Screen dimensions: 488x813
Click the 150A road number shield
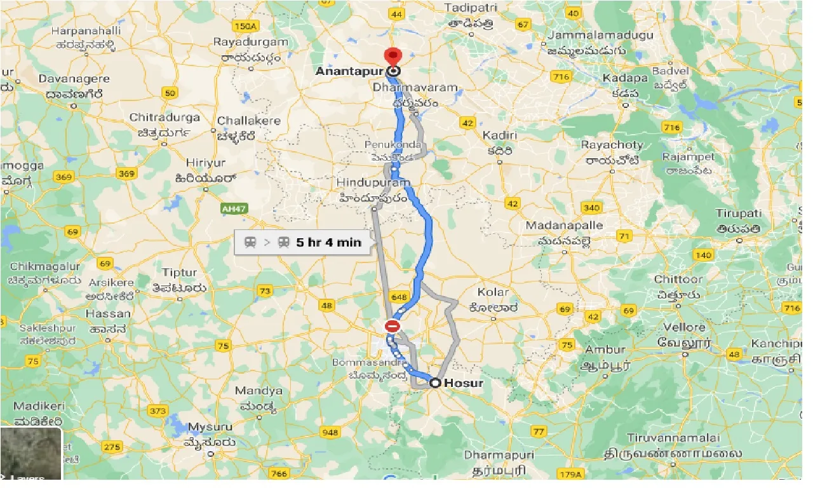(x=246, y=26)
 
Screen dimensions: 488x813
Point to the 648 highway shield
(x=400, y=296)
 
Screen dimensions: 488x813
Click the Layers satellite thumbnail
(x=31, y=453)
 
